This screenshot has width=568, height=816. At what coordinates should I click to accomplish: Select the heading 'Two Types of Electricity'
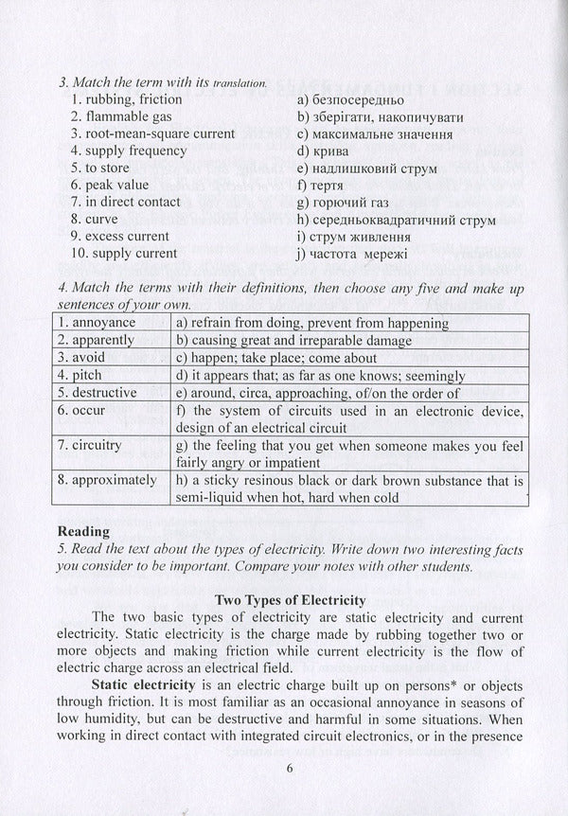click(291, 600)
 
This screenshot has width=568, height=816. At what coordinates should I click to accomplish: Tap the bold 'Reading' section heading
click(85, 531)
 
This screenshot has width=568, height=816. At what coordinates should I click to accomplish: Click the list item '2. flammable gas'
click(116, 116)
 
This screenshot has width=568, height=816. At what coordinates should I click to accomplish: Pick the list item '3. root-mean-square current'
click(152, 133)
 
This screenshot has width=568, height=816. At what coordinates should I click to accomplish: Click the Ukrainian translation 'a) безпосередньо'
click(349, 99)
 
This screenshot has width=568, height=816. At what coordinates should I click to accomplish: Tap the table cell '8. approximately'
click(107, 480)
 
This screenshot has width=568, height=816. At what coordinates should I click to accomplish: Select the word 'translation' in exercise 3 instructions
click(234, 83)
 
